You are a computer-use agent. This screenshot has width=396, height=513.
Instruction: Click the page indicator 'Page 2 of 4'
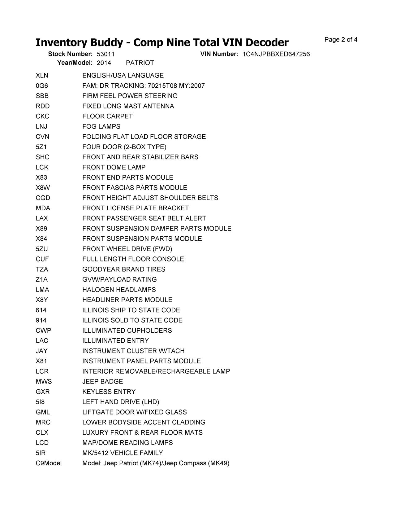tap(341, 40)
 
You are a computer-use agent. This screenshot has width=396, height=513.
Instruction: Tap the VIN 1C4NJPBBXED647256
tap(276, 54)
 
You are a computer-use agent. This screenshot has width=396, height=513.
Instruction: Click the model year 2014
tap(104, 63)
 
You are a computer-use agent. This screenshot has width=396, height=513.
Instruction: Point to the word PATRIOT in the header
tap(140, 63)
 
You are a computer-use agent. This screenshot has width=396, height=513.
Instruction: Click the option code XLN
tap(42, 76)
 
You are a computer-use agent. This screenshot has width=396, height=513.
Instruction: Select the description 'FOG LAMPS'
tap(101, 126)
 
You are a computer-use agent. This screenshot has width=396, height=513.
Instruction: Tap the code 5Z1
tap(41, 147)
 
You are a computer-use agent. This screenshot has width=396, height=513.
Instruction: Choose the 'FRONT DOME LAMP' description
tap(114, 167)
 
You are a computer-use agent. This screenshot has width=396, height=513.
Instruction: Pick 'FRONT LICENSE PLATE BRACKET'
tap(136, 208)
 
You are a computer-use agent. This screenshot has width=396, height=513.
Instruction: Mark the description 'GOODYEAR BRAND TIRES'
tap(124, 269)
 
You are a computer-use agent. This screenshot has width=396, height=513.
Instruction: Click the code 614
tap(41, 310)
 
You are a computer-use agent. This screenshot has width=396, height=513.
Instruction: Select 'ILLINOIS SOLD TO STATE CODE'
tap(132, 320)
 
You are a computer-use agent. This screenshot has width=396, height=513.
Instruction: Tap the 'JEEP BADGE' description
tap(103, 381)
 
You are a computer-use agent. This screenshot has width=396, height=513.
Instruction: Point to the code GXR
tap(43, 392)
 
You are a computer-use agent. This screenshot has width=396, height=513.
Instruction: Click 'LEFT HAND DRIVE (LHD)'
tap(121, 402)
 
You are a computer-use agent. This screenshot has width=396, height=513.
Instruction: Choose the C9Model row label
tap(49, 463)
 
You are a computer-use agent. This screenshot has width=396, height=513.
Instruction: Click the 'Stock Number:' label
tap(70, 54)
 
